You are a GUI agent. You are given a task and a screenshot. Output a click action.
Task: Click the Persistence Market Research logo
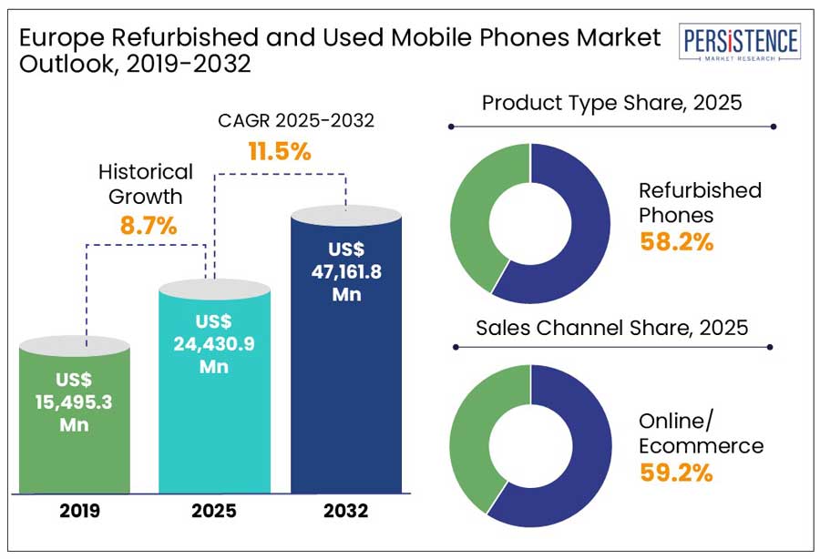741,44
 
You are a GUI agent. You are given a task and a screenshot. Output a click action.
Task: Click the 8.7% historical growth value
148,225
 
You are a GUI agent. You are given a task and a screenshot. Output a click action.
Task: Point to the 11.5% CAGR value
280,151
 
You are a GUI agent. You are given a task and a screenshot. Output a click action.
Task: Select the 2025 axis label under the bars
213,511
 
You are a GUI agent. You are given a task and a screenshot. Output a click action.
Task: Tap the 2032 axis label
345,511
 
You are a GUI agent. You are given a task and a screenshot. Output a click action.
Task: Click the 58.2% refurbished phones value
676,242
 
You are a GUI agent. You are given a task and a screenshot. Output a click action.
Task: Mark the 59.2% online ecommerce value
676,473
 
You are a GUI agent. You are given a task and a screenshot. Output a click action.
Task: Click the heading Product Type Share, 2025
611,103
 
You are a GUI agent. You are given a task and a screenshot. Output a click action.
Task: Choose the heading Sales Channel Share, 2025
611,328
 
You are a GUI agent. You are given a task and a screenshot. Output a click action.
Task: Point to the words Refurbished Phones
699,203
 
